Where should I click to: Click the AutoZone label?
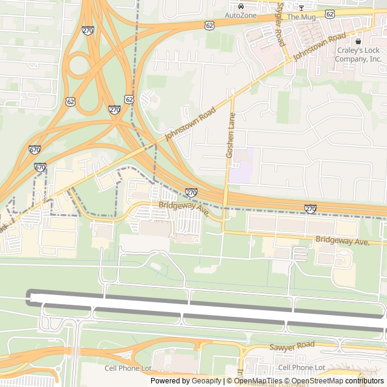point(241,15)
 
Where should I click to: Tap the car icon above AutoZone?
point(241,6)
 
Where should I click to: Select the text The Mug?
point(301,16)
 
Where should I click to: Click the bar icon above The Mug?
point(301,7)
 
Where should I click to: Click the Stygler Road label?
point(280,25)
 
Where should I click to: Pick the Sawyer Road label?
point(292,345)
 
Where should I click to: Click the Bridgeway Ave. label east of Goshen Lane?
point(342,241)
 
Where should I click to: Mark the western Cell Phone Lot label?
point(128,368)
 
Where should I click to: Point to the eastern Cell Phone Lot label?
point(301,368)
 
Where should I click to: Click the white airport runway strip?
point(206,310)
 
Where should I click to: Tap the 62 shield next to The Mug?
point(330,13)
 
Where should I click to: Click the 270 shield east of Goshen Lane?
point(310,209)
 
